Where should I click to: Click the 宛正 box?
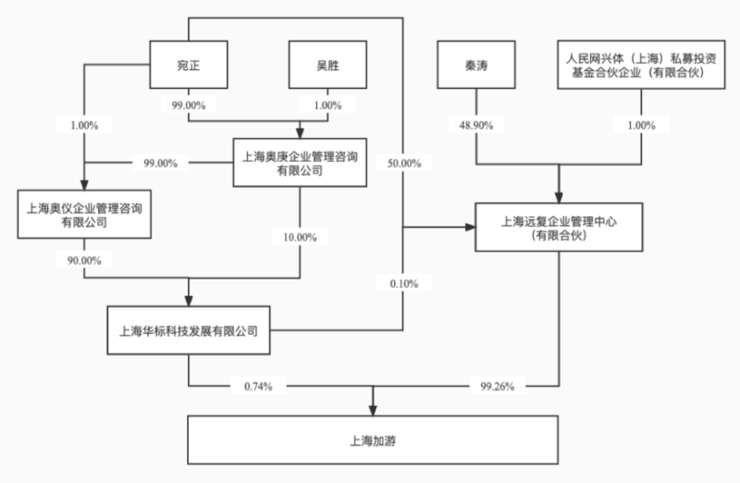pos(189,65)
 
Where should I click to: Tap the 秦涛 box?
pos(476,65)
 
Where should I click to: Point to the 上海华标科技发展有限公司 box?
pos(189,328)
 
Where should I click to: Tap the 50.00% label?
pos(404,163)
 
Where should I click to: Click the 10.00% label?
pos(299,238)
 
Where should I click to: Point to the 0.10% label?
pos(403,282)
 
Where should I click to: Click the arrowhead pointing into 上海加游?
pos(374,408)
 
